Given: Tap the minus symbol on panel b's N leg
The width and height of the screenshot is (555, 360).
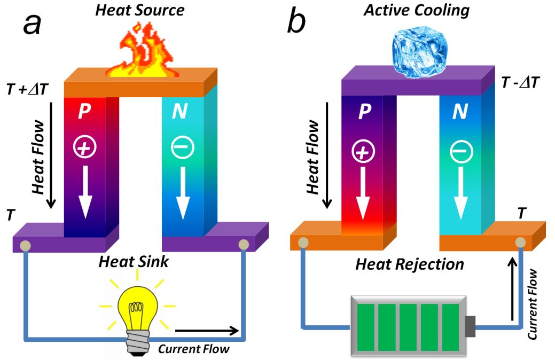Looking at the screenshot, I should point(459,153).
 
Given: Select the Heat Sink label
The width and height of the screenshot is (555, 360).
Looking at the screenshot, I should point(135,262).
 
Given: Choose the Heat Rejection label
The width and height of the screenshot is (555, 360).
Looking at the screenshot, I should point(410,264).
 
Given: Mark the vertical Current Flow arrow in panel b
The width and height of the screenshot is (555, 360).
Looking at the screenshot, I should point(515,288).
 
